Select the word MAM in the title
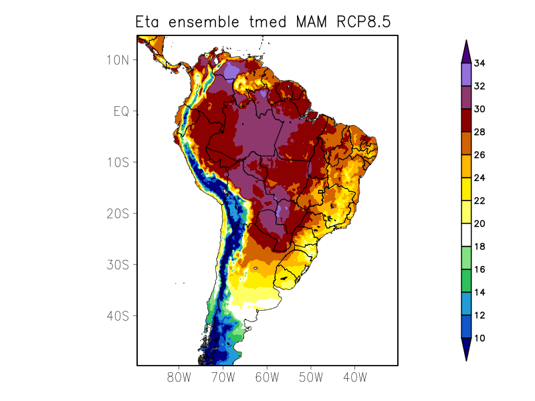pyautogui.click(x=310, y=22)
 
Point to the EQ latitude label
pyautogui.click(x=121, y=111)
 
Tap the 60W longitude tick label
pyautogui.click(x=267, y=378)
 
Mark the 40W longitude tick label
pyautogui.click(x=354, y=378)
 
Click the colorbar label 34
pyautogui.click(x=479, y=63)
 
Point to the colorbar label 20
pyautogui.click(x=479, y=224)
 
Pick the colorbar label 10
pyautogui.click(x=479, y=338)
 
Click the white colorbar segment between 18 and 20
pyautogui.click(x=466, y=235)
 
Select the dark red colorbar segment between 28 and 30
pyautogui.click(x=466, y=120)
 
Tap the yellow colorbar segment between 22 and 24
pyautogui.click(x=466, y=189)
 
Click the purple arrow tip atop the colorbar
pyautogui.click(x=466, y=52)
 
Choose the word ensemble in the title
pyautogui.click(x=201, y=22)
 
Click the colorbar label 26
pyautogui.click(x=479, y=155)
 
